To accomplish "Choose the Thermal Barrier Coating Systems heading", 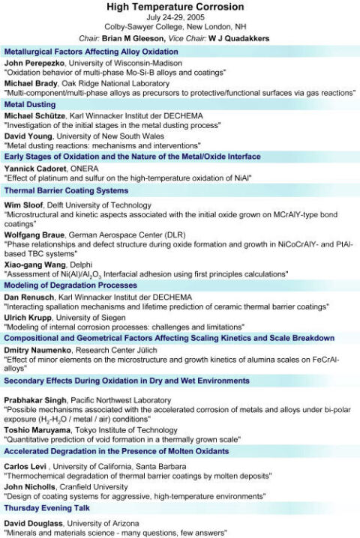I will tap(66, 190).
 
